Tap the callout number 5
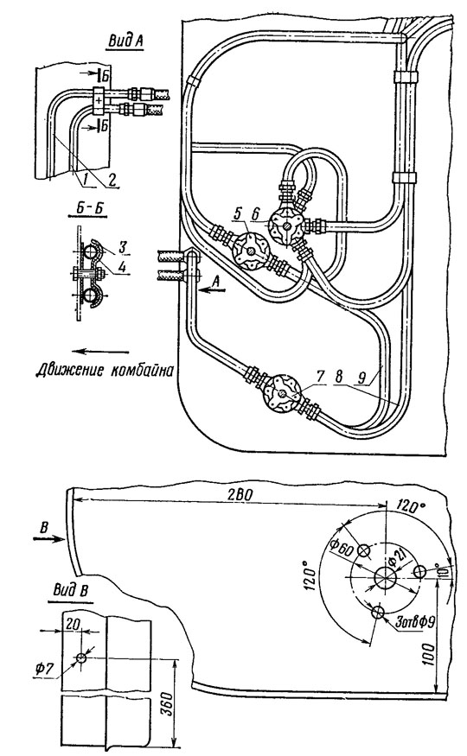pyautogui.click(x=237, y=213)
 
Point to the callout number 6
pyautogui.click(x=255, y=213)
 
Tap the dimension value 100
pyautogui.click(x=431, y=654)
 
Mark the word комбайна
pyautogui.click(x=141, y=372)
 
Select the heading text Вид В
pyautogui.click(x=70, y=591)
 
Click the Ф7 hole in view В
pyautogui.click(x=81, y=658)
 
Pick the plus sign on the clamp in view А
pyautogui.click(x=99, y=100)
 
